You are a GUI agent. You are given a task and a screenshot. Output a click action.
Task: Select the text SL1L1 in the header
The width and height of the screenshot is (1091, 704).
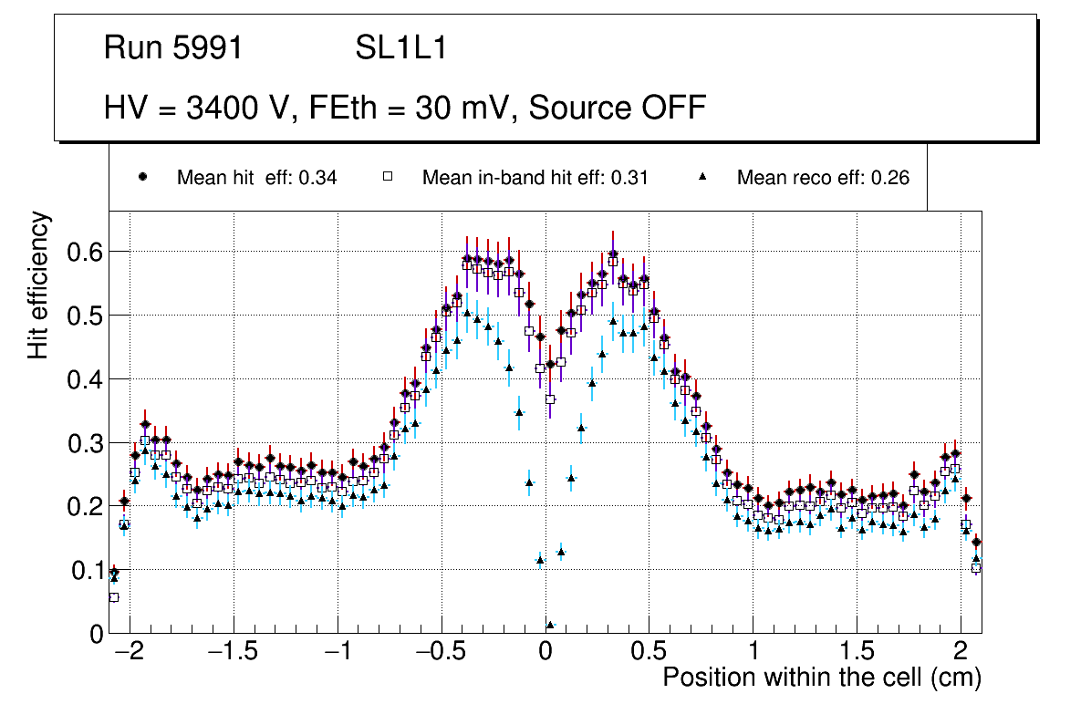coord(400,48)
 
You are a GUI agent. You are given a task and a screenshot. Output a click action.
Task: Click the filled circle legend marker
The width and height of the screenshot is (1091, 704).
coord(142,178)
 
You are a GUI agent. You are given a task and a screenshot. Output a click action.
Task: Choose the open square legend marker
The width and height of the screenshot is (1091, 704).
coord(387,178)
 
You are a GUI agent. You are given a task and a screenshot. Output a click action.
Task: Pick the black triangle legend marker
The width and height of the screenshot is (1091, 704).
coord(702,178)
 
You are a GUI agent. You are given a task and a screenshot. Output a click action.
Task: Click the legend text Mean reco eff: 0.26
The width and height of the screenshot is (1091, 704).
coord(823,178)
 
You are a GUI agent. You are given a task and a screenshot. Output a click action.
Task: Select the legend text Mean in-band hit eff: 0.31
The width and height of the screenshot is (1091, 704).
coord(535,178)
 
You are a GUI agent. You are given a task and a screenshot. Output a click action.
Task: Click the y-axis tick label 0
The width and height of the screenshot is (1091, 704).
coord(96,634)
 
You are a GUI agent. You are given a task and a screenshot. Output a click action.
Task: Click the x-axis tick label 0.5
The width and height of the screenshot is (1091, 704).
coord(649,653)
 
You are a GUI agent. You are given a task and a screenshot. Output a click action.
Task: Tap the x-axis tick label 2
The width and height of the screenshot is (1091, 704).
coord(961,653)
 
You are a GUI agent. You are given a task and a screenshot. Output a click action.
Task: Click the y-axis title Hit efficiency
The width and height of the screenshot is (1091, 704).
coord(38,285)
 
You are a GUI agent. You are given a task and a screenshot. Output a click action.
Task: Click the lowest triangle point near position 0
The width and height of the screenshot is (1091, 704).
coord(550,625)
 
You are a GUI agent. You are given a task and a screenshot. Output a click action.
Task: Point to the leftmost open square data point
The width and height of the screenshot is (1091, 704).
coord(114,597)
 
